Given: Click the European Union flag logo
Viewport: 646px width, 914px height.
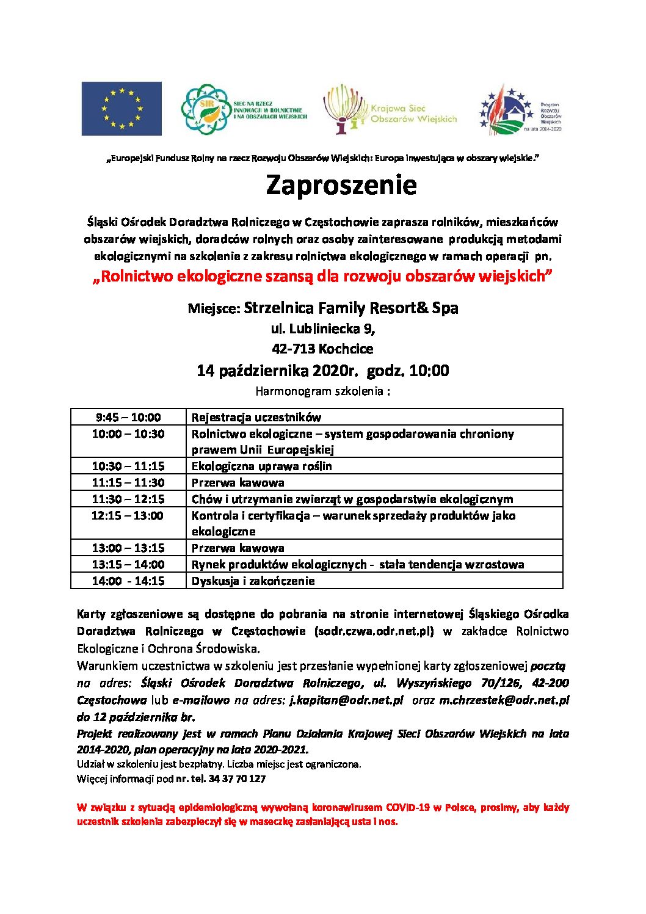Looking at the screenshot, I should pos(122,109).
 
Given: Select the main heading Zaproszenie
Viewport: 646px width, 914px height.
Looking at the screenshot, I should pos(341,185).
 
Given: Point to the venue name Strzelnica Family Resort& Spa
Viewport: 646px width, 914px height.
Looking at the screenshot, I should pos(350,308).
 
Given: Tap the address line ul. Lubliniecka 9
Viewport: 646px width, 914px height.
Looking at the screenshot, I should pos(323,328).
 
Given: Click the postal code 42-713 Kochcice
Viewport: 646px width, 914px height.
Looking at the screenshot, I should pos(322,349).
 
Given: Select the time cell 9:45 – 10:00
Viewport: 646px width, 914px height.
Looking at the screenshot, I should pos(128,418).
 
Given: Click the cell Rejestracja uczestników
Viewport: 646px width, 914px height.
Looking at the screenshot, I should pos(256,418).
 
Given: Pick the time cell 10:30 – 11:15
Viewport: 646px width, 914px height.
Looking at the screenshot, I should pos(128,466).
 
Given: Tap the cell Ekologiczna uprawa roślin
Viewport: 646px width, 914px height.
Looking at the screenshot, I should pos(262,466).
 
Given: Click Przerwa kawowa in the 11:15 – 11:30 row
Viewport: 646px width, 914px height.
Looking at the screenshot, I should pos(238,483).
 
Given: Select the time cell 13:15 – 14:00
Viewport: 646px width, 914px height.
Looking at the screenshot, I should pos(128,565).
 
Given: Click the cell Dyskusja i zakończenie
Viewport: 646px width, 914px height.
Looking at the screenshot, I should pos(253,581).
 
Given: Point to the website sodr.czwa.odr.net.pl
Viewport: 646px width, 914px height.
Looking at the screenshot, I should pos(374,631).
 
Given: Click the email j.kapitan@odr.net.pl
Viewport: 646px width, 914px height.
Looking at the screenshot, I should pos(346,700).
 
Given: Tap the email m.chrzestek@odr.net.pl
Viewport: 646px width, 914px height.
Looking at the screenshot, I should pos(504,700).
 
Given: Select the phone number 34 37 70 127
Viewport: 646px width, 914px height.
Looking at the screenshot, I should pos(237,779).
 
